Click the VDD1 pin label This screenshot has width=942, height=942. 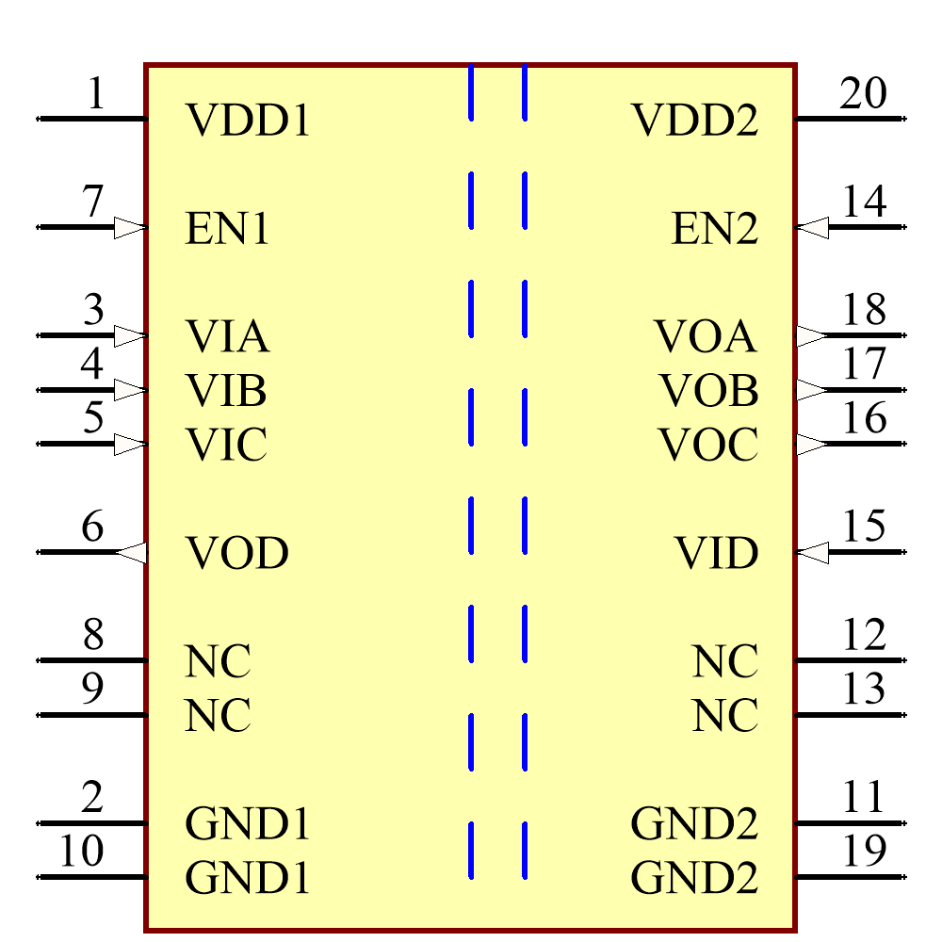(x=248, y=121)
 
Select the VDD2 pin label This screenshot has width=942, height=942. (x=694, y=121)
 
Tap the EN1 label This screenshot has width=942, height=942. (x=227, y=229)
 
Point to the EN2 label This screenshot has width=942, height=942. (x=715, y=229)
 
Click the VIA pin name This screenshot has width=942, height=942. (x=227, y=336)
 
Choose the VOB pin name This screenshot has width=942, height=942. (x=708, y=390)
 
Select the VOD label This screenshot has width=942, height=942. (x=236, y=554)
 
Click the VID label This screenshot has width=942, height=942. (x=716, y=554)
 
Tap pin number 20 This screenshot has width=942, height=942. (x=863, y=94)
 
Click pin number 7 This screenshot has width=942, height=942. (x=91, y=202)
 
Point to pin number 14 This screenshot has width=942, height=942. (x=863, y=202)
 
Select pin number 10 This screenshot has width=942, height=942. (x=81, y=852)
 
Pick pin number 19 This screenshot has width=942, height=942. (x=863, y=852)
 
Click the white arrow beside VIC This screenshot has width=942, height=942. (x=130, y=444)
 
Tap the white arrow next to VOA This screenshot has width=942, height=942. (x=812, y=335)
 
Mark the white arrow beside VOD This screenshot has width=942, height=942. (x=130, y=553)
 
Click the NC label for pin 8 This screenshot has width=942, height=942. (x=218, y=662)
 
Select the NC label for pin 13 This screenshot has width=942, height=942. (x=725, y=717)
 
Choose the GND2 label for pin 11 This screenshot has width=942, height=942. (x=694, y=824)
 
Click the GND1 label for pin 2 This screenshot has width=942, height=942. (x=248, y=824)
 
